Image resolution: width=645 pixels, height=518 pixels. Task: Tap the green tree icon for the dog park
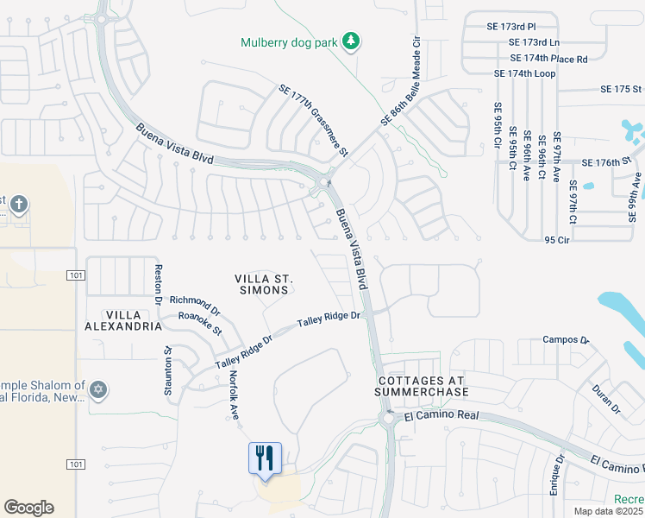click(x=351, y=41)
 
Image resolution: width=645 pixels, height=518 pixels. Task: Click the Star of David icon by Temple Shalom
click(x=98, y=391)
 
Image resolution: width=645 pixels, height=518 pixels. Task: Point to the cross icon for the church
click(x=19, y=205)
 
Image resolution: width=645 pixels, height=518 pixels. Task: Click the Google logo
click(x=28, y=508)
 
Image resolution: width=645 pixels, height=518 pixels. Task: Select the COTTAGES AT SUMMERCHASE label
click(x=421, y=386)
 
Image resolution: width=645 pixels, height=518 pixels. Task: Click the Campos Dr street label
click(x=566, y=340)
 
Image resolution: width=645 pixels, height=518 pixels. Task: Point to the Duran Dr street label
click(x=608, y=400)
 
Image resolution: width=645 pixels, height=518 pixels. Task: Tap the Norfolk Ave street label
click(x=233, y=395)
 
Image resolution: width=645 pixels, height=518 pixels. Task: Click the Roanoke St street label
click(x=200, y=324)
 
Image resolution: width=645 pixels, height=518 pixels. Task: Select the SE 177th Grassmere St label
click(x=312, y=121)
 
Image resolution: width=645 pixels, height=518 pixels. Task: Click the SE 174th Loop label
click(x=524, y=73)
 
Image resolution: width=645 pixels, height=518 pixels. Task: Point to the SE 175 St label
click(x=621, y=89)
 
